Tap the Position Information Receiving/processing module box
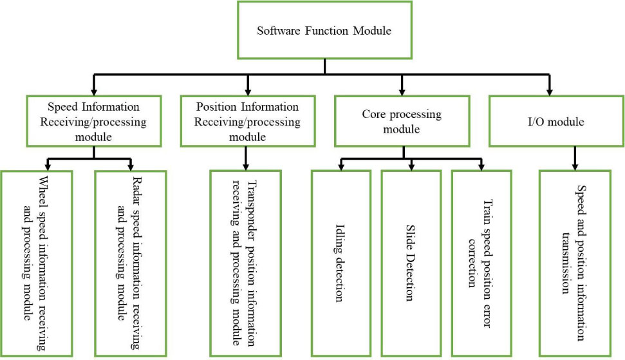pyautogui.click(x=247, y=120)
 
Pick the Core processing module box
pyautogui.click(x=402, y=120)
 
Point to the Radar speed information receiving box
pyautogui.click(x=131, y=263)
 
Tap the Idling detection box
pyautogui.click(x=340, y=263)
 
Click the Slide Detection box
pyautogui.click(x=411, y=263)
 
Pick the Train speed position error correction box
pyautogui.click(x=481, y=263)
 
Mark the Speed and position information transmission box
pyautogui.click(x=574, y=263)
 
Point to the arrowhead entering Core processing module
pyautogui.click(x=402, y=91)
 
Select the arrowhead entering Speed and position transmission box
pyautogui.click(x=574, y=166)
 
